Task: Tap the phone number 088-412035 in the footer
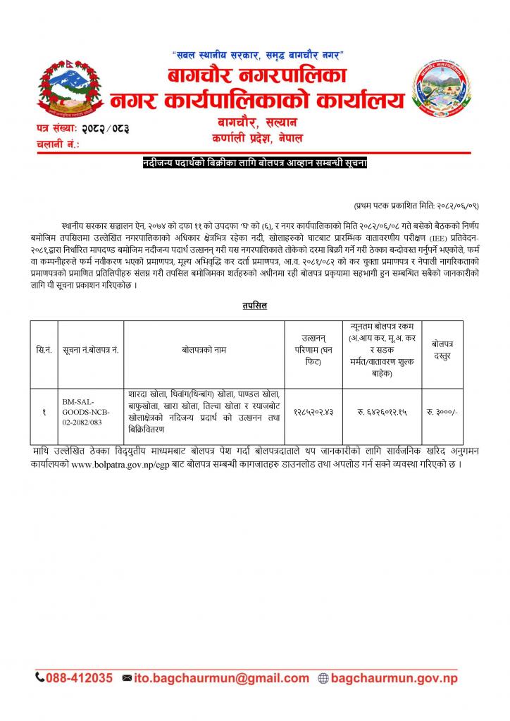pos(80,678)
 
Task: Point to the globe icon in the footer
pos(323,678)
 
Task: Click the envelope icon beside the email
pos(127,678)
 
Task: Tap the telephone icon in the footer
pos(40,678)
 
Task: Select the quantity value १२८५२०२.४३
pos(315,412)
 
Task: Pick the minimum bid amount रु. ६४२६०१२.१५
pos(381,412)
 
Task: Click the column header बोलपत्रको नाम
pos(204,349)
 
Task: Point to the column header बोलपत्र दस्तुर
pos(442,349)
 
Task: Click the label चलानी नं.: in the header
pos(56,144)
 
